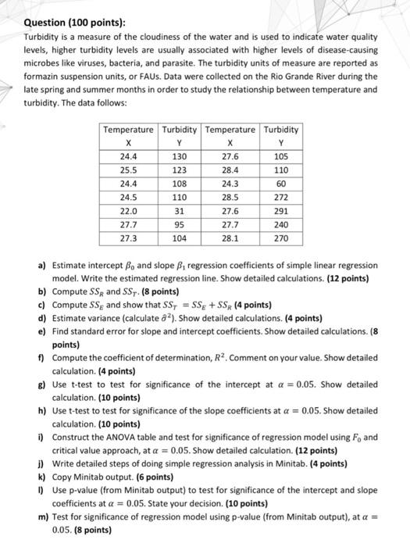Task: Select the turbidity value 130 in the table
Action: [x=180, y=156]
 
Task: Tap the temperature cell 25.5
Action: [x=130, y=170]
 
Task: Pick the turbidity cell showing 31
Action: [x=180, y=211]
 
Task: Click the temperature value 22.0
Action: [x=130, y=211]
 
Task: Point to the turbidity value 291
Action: [x=280, y=211]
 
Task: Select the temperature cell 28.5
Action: [x=230, y=198]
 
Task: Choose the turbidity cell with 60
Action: [x=280, y=184]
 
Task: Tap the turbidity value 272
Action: [x=280, y=198]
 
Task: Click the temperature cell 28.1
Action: [x=230, y=238]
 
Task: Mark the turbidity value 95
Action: [x=180, y=225]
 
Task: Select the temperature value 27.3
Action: [x=130, y=238]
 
